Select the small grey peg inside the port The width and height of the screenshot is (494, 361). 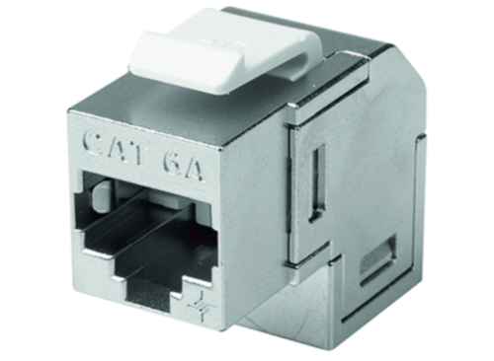tap(101, 198)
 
